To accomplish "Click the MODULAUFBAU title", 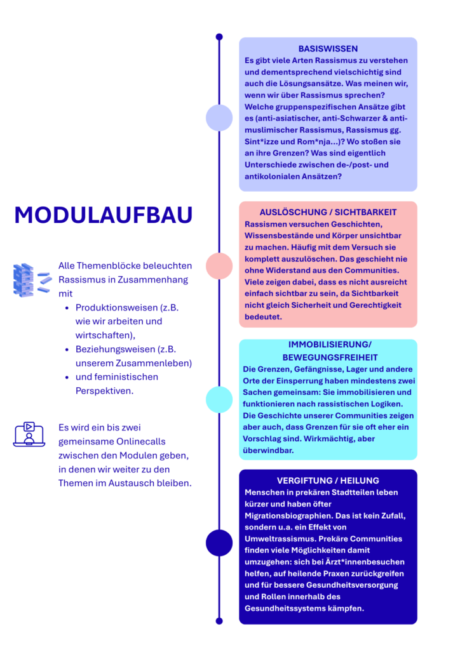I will click(x=103, y=215).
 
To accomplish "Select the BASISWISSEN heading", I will click(x=328, y=49).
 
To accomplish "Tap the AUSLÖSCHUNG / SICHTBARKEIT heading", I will click(x=328, y=212).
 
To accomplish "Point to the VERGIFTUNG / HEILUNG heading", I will click(x=328, y=481).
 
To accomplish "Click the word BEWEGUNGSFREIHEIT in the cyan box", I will click(x=328, y=357).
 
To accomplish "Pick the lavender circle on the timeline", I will click(x=219, y=117).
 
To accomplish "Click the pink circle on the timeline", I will click(x=219, y=266).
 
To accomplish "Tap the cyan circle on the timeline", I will click(x=219, y=399).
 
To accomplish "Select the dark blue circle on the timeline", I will click(x=219, y=543).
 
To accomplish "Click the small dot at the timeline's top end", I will click(x=219, y=37).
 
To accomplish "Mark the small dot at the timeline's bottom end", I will click(x=219, y=621).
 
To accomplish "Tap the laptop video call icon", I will click(x=29, y=435).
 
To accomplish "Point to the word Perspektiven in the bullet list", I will click(x=104, y=391).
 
